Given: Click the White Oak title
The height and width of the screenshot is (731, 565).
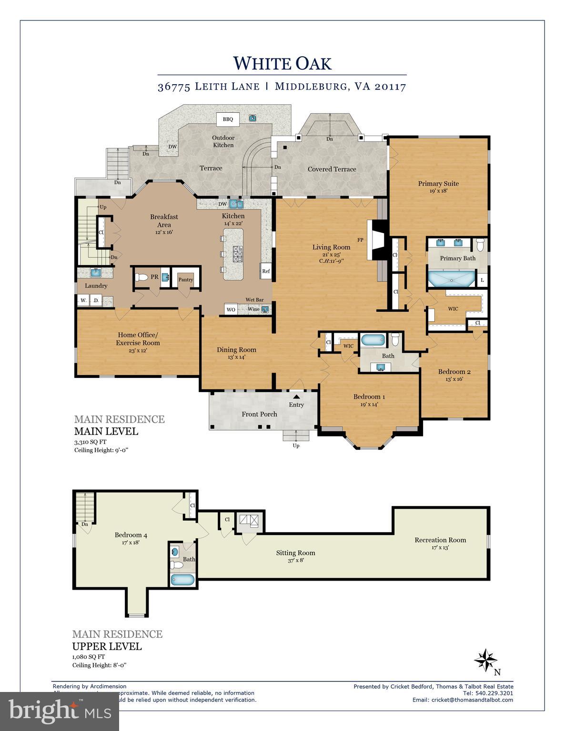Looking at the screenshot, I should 282,63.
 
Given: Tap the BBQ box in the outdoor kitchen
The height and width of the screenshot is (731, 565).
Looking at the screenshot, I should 228,119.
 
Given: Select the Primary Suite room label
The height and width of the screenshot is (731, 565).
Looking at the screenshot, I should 438,184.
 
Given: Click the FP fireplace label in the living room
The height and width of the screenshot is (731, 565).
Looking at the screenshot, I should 360,240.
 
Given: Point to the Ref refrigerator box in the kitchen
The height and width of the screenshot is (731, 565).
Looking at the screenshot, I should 266,271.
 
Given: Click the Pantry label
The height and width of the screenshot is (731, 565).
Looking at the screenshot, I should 186,280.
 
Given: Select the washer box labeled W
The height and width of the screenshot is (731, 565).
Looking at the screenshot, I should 83,300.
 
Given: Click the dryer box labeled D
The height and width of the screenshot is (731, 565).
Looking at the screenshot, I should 95,300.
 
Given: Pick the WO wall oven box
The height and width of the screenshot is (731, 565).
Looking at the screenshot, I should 231,309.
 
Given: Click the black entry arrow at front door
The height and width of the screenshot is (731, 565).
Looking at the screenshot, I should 296,396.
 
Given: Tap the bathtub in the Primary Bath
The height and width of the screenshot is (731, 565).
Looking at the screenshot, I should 451,279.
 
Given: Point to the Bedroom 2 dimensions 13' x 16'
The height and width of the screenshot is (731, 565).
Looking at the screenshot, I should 454,379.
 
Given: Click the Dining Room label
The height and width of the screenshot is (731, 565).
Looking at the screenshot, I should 236,350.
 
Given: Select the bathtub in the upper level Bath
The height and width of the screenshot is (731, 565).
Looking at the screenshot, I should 182,580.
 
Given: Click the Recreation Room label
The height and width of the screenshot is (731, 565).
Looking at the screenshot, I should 440,540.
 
